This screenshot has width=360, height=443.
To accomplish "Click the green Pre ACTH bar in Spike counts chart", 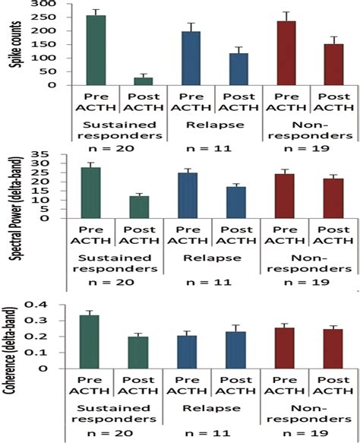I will (x=96, y=50).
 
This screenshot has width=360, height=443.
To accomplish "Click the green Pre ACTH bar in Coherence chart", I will (x=96, y=341).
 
